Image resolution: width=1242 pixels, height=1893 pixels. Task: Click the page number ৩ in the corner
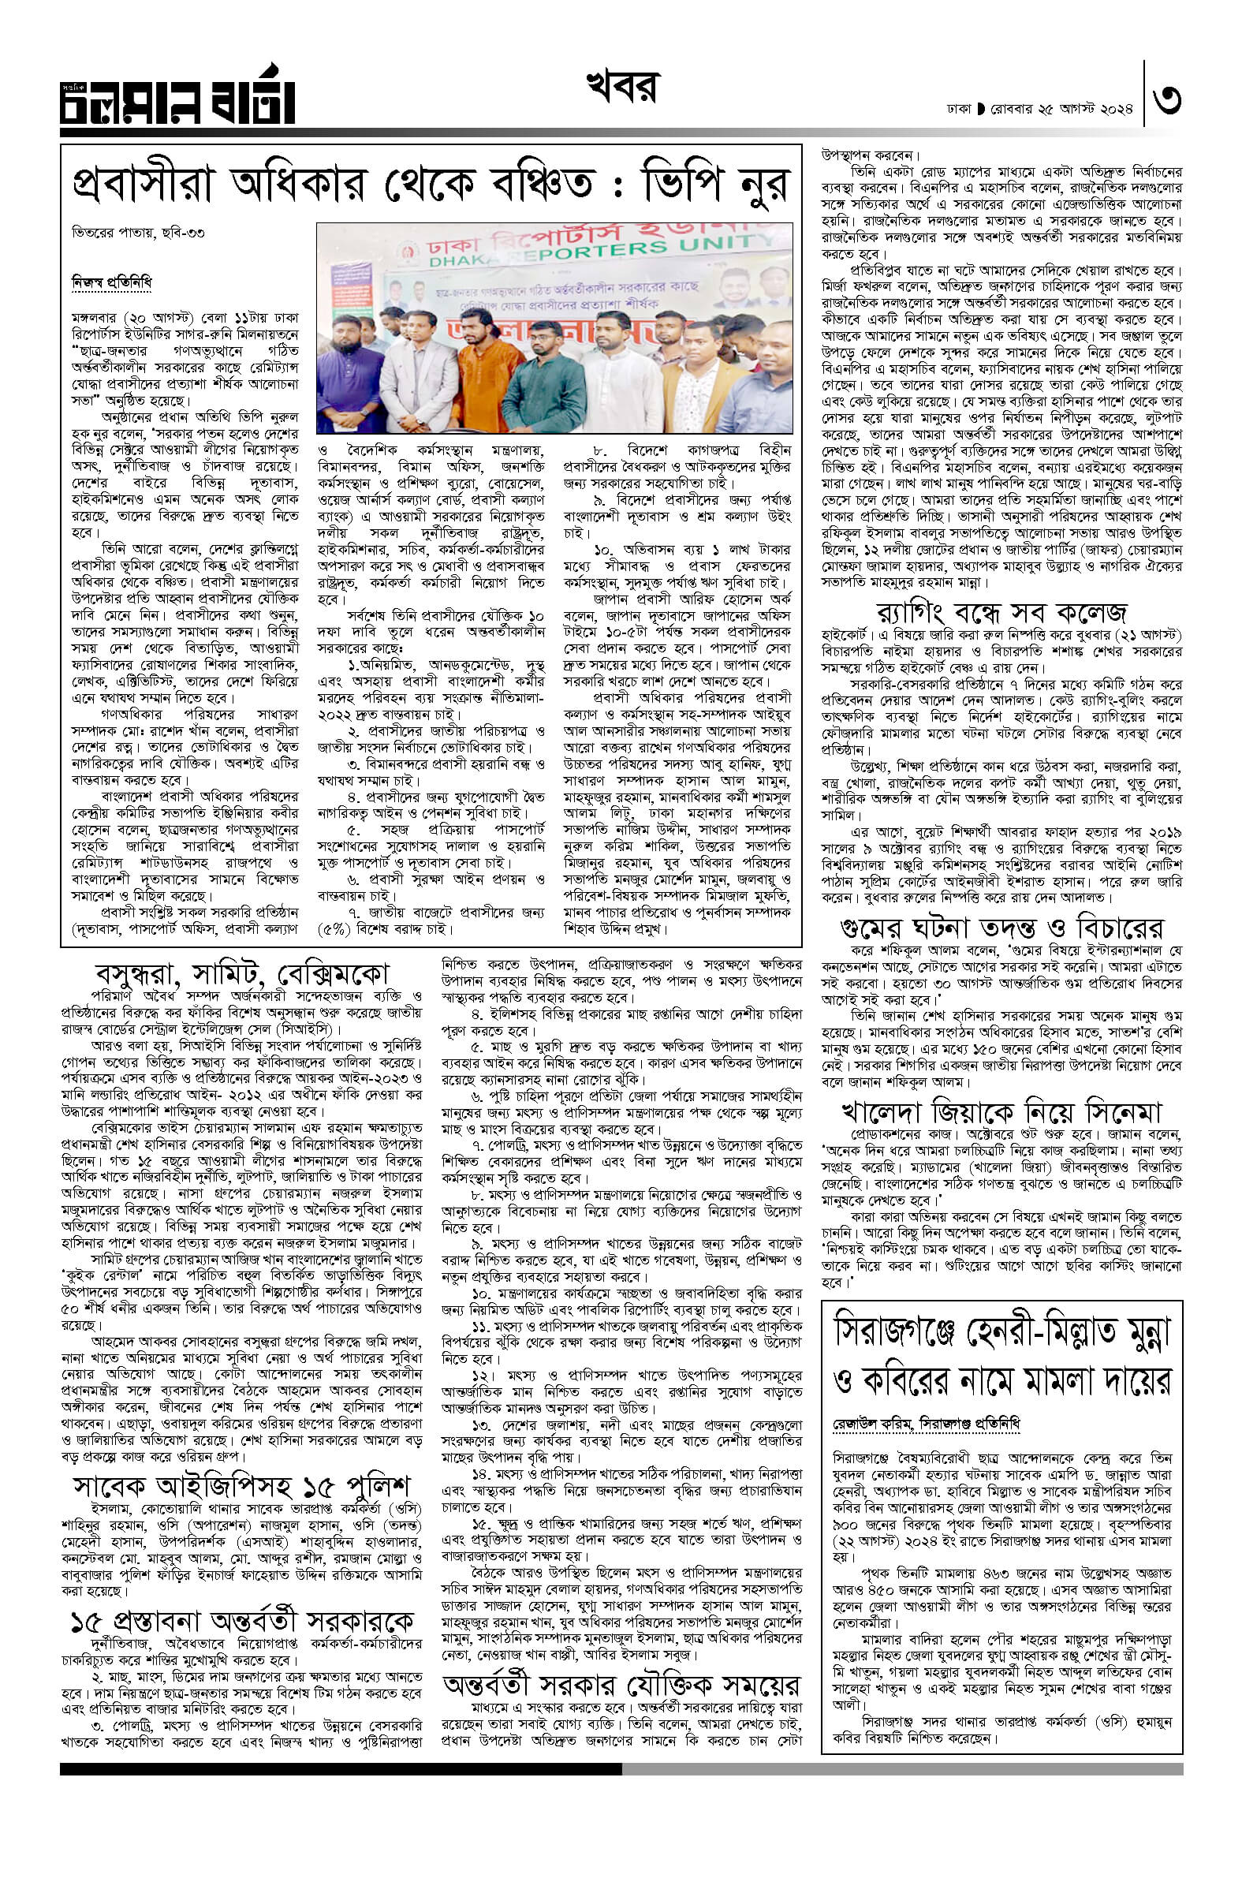tap(1166, 102)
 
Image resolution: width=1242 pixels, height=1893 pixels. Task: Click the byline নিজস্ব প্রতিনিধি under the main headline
tap(111, 282)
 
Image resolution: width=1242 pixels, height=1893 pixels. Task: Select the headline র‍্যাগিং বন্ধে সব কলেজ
tap(1001, 612)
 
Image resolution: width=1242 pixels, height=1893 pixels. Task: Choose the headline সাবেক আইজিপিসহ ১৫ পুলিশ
tap(242, 1486)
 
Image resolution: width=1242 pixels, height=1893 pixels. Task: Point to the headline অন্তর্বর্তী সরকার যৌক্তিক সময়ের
tap(622, 1685)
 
